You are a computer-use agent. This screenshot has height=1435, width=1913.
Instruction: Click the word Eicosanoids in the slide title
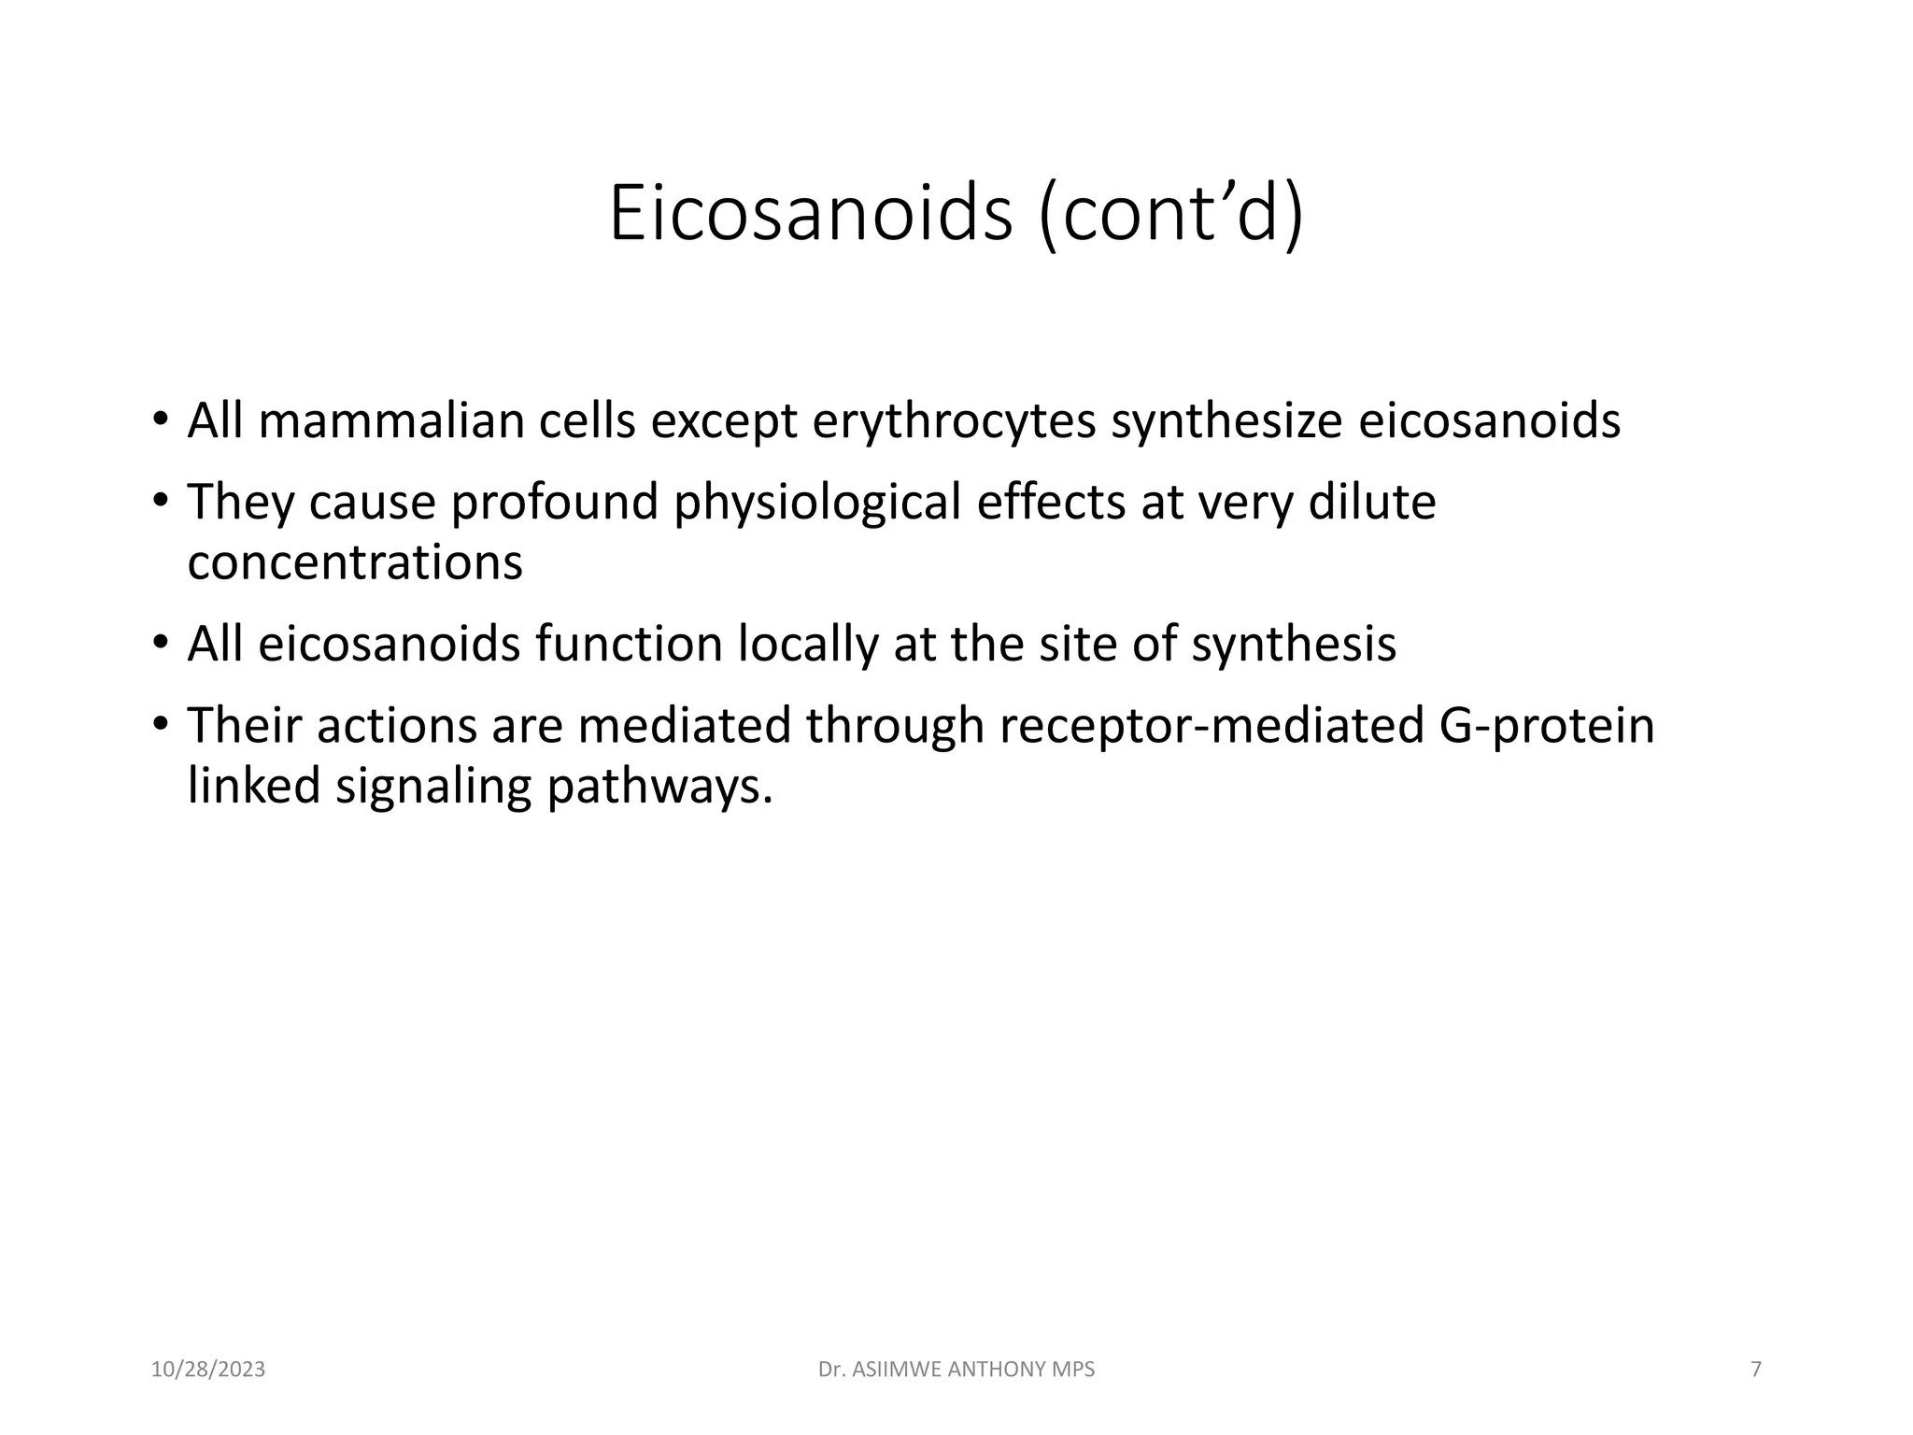(810, 214)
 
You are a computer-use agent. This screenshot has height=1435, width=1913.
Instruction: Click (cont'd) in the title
(1170, 214)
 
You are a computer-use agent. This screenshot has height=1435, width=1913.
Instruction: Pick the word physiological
(817, 502)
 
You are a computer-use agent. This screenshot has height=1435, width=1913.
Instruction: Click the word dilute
(1371, 502)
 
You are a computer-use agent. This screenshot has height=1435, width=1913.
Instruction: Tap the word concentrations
(355, 562)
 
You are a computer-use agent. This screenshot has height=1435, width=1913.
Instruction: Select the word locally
(808, 645)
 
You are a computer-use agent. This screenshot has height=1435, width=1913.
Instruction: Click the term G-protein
(1546, 726)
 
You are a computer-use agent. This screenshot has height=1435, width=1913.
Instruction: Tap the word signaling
(433, 786)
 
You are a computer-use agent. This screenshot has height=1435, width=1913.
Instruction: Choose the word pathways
(659, 786)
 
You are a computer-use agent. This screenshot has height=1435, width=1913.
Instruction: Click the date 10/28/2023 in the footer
(208, 1370)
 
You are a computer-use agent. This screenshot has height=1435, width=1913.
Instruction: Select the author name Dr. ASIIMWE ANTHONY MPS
(956, 1370)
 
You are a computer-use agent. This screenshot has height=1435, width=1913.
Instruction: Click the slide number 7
(1755, 1370)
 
